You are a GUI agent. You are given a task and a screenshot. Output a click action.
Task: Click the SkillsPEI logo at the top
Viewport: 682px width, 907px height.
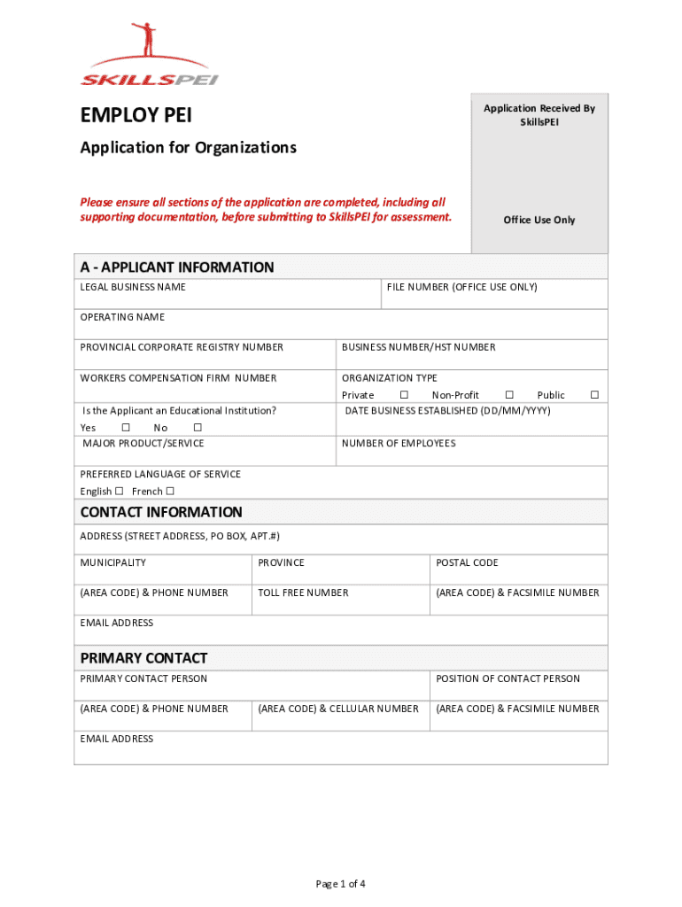coord(149,57)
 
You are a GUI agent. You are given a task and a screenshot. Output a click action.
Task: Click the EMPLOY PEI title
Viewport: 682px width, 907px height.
coord(136,116)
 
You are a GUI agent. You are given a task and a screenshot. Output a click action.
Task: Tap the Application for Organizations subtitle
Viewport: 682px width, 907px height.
coord(188,148)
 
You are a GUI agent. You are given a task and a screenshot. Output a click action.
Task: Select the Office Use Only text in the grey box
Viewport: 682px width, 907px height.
coord(539,220)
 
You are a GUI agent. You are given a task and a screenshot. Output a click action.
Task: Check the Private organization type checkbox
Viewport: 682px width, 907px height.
coord(404,395)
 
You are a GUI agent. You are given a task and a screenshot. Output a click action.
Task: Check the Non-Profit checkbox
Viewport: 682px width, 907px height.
coord(509,395)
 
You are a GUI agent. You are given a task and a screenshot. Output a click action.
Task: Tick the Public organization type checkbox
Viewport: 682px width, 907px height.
coord(594,395)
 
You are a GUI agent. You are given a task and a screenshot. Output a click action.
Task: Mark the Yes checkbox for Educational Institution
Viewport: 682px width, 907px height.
coord(125,428)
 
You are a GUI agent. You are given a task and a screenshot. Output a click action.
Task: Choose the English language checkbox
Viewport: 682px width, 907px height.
coord(119,492)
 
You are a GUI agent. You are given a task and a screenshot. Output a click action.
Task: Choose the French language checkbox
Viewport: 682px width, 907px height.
coord(170,492)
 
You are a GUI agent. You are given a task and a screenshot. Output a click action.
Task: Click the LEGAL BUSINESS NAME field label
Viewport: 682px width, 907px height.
coord(133,287)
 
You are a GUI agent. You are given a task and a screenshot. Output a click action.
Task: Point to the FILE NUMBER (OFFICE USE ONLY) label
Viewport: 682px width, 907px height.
coord(461,287)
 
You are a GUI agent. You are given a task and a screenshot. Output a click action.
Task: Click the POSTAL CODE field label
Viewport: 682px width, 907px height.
coord(467,562)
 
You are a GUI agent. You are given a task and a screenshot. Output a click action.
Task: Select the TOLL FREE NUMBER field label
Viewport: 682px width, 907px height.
coord(303,593)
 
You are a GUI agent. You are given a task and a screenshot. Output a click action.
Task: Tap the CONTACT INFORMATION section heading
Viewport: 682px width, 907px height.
coord(160,512)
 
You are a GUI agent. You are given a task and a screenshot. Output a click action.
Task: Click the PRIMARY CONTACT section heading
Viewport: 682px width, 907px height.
coord(143,658)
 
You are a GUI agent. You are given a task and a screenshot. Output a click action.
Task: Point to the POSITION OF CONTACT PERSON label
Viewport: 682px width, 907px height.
coord(508,678)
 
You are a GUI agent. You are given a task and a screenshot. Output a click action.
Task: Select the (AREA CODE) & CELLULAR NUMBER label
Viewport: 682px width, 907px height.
coord(338,709)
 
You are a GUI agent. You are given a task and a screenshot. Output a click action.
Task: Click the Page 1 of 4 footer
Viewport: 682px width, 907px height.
coord(340,883)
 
